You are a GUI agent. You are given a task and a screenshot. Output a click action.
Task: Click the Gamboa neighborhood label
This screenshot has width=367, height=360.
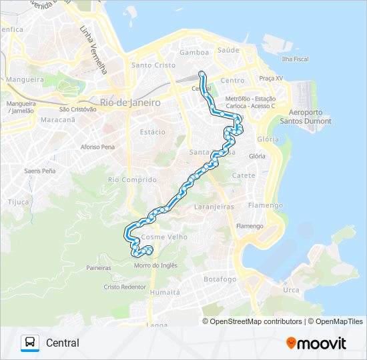coord(194,52)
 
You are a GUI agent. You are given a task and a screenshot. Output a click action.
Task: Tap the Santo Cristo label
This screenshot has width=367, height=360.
coord(153,65)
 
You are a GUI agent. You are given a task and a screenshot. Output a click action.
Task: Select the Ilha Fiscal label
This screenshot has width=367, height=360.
coord(295,59)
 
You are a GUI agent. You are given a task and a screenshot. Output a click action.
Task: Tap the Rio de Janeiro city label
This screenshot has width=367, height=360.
coord(130,103)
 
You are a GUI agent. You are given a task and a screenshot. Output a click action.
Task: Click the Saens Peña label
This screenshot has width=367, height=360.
coord(39,171)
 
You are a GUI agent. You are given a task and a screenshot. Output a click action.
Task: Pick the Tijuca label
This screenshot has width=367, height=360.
coord(19,201)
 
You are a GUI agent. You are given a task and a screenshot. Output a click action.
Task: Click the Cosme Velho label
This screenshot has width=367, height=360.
coord(165,237)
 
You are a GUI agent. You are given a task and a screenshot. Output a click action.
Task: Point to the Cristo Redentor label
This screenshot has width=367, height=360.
coord(125,287)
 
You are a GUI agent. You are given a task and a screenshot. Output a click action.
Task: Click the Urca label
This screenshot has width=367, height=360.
coord(291,290)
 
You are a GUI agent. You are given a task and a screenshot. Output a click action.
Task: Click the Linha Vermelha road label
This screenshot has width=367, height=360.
coord(93,51)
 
